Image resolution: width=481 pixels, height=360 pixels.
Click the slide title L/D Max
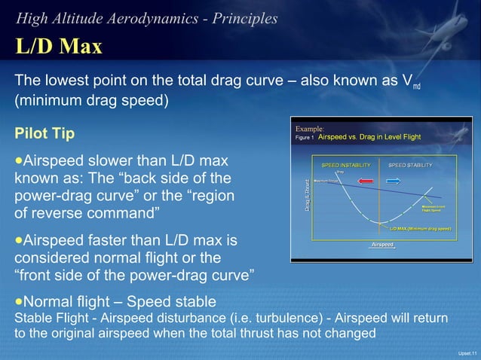point(59,47)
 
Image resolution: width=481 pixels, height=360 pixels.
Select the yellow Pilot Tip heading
point(44,133)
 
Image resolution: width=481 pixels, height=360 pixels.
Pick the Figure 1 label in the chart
point(305,139)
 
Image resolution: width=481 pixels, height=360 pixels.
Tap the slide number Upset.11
point(467,352)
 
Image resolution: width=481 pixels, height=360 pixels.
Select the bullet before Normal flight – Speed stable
point(19,301)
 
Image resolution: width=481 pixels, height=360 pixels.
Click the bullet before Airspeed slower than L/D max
point(19,161)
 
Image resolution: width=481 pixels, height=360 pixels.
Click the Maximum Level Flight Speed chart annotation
point(435,208)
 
